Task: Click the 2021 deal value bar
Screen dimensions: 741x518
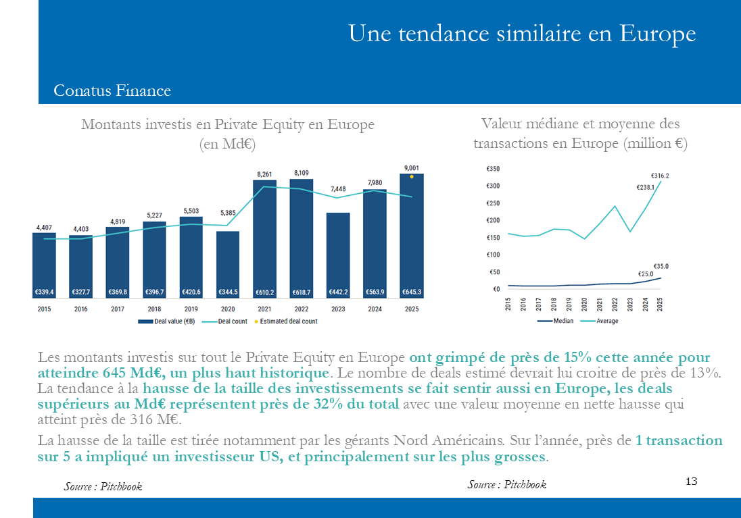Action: [264, 239]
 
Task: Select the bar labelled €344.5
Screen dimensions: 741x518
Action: [228, 265]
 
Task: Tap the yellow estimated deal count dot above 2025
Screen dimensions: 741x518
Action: [412, 176]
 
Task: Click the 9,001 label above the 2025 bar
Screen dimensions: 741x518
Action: [412, 168]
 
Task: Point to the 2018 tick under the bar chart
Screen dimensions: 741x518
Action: [155, 309]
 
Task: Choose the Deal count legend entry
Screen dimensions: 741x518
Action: [224, 321]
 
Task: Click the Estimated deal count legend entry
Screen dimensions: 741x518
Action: [286, 321]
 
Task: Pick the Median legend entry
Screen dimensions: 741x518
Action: [555, 321]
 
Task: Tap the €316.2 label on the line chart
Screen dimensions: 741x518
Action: [660, 176]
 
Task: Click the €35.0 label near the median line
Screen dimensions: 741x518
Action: [661, 266]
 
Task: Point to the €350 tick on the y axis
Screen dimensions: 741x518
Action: [493, 169]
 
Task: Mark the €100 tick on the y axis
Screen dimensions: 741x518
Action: [493, 255]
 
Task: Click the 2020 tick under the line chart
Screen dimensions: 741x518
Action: [584, 304]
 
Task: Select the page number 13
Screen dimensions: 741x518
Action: [692, 481]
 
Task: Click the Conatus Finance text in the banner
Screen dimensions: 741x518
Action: [112, 90]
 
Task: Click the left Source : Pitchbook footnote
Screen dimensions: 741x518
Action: [103, 486]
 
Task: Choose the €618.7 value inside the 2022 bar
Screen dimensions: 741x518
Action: [302, 292]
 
